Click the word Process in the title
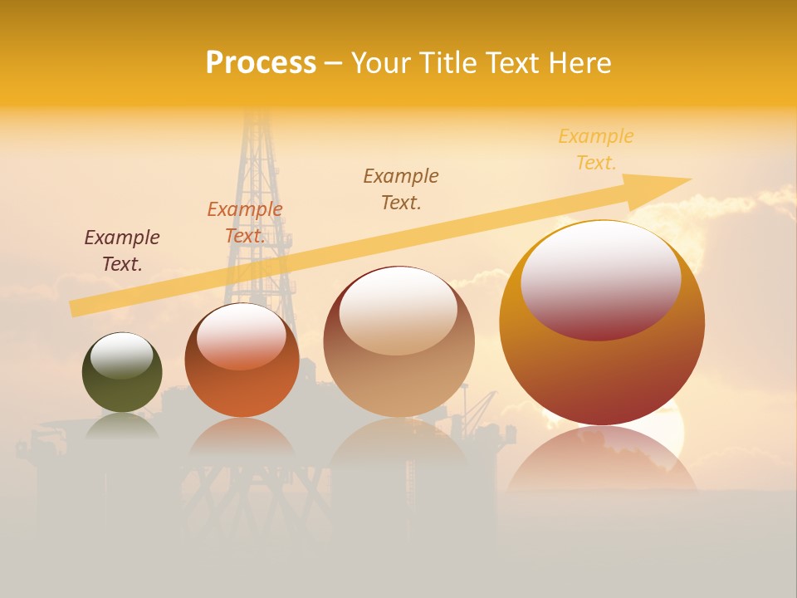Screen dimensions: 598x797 (x=261, y=63)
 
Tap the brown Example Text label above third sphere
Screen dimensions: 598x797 (x=401, y=189)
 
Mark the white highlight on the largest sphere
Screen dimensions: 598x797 (x=601, y=278)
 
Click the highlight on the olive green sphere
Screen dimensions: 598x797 (x=122, y=355)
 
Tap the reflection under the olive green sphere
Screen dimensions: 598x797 (x=122, y=425)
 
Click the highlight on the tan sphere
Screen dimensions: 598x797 (x=398, y=310)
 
